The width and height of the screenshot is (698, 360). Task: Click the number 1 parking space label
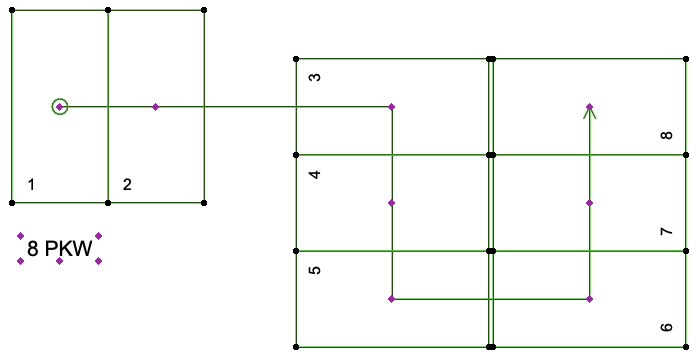click(31, 184)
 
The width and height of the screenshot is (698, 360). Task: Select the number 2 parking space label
click(127, 184)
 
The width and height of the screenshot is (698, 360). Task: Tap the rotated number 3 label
click(315, 77)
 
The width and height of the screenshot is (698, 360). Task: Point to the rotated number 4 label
click(315, 174)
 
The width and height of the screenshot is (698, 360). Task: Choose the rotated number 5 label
click(315, 270)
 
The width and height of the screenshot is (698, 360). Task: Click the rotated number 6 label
click(666, 328)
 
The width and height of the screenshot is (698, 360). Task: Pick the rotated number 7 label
click(666, 231)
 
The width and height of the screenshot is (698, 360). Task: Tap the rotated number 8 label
click(666, 135)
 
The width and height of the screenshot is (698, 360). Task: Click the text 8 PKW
click(60, 248)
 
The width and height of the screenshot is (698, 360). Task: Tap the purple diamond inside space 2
click(155, 107)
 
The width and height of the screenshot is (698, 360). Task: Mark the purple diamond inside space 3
click(392, 107)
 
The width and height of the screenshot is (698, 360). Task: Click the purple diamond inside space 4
click(392, 203)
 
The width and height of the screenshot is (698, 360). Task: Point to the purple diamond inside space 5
click(392, 299)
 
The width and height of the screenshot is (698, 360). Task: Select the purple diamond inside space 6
click(589, 299)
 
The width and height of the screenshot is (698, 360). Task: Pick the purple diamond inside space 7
click(589, 203)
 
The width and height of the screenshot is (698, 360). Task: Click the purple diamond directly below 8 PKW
click(60, 261)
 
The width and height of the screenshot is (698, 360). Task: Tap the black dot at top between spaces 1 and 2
click(108, 10)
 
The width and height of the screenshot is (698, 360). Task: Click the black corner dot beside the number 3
click(296, 59)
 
